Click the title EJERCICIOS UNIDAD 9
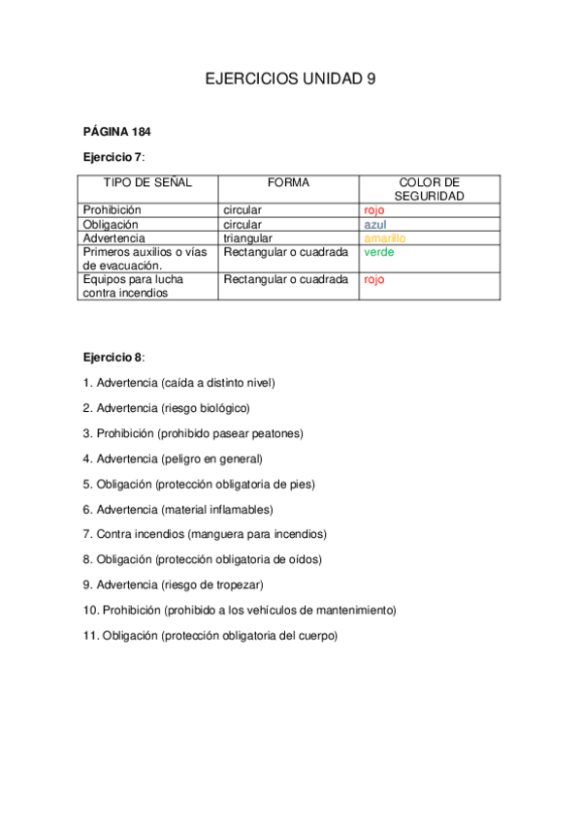click(290, 80)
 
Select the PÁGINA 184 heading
click(116, 132)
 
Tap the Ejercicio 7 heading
click(113, 156)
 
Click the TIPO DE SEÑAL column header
click(147, 182)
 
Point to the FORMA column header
click(288, 182)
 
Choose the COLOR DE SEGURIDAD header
click(429, 188)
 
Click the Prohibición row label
click(113, 209)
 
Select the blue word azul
click(374, 224)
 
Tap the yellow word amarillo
click(384, 237)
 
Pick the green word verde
click(378, 252)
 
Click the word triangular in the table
click(247, 237)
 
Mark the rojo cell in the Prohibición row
click(373, 209)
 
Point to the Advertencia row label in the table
click(114, 237)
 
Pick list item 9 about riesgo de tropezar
click(174, 585)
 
